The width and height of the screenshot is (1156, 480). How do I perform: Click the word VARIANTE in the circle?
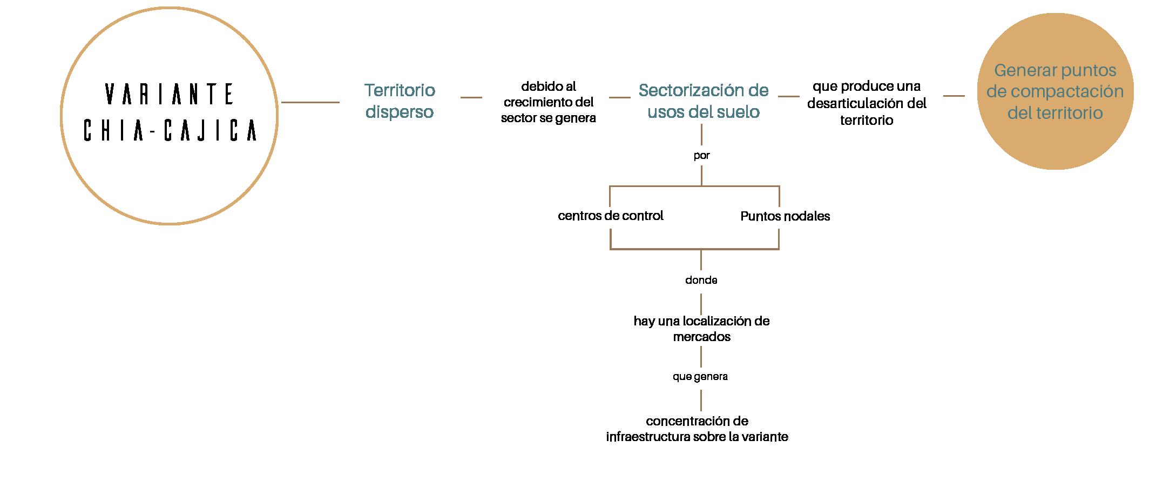170,94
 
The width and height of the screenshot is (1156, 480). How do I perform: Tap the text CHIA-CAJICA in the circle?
170,131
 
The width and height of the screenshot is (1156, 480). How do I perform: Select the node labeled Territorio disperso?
400,101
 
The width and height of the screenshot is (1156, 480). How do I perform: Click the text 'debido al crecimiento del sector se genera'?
548,102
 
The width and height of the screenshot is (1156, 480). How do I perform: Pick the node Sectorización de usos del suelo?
704,101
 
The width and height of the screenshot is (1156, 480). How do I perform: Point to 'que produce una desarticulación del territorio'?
867,103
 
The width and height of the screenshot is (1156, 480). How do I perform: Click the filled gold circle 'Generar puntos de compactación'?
1055,91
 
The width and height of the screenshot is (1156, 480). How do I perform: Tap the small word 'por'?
701,156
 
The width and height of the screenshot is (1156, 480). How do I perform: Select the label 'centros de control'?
610,216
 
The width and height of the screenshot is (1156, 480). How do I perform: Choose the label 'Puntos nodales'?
785,216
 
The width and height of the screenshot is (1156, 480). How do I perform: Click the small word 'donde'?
701,280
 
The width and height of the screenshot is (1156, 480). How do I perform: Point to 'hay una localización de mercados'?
701,328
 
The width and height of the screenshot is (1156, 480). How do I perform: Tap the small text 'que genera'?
700,376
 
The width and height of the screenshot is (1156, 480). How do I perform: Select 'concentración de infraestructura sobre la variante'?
697,429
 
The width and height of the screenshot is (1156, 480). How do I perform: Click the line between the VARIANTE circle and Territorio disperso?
310,102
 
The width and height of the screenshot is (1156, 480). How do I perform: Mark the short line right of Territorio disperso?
471,97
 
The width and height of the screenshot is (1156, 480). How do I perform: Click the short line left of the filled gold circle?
954,96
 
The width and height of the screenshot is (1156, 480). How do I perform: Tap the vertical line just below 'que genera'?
701,401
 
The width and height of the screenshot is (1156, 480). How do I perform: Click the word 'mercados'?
701,337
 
